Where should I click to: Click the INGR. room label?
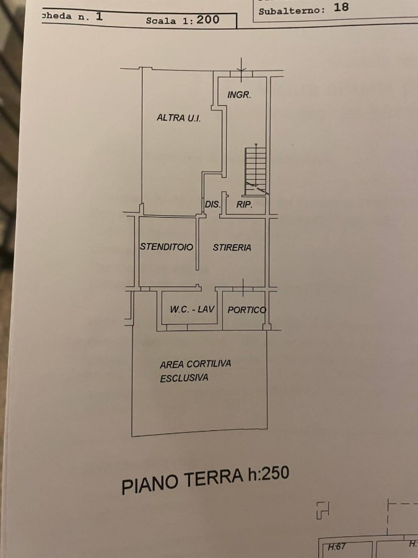tap(239, 95)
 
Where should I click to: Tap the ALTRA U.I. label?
tap(179, 118)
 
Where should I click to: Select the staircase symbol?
tap(256, 170)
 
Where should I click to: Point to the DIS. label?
tap(213, 205)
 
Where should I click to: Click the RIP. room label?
tap(245, 204)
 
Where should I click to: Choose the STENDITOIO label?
tap(167, 247)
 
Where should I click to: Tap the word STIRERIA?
tap(232, 247)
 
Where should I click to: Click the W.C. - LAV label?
tap(193, 309)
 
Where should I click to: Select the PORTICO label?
tap(246, 310)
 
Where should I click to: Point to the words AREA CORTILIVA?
tap(196, 364)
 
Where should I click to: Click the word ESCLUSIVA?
tap(184, 378)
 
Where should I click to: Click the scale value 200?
tap(208, 19)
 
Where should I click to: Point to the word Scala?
tap(161, 20)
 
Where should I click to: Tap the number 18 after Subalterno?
tap(341, 7)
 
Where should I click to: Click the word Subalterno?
tap(292, 11)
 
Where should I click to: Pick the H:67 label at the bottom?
tap(337, 547)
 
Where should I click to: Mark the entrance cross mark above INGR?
tap(242, 70)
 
